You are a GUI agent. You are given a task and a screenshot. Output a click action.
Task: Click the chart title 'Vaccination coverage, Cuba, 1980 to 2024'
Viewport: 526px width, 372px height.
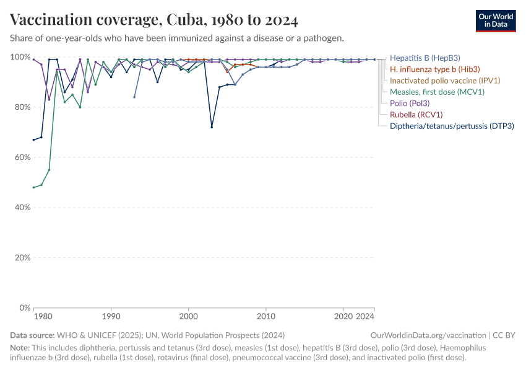(x=154, y=20)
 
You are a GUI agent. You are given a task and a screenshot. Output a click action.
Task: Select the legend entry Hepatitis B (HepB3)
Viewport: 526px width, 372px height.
(x=425, y=58)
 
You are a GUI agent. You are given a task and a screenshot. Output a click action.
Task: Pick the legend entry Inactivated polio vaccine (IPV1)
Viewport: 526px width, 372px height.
(x=445, y=81)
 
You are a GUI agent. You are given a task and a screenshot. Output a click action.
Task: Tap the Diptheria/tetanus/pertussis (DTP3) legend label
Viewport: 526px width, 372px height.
(x=452, y=126)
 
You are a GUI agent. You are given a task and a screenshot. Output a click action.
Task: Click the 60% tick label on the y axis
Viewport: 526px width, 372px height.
(x=22, y=157)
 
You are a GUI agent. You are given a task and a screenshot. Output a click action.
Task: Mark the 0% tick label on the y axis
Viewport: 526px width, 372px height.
(x=25, y=308)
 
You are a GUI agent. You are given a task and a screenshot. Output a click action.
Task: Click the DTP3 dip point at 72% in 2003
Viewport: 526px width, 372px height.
(x=212, y=127)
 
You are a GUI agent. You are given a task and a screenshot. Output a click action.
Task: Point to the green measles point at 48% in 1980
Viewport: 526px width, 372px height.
(x=34, y=187)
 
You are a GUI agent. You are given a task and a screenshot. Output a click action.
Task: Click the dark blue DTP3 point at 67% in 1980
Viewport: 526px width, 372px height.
(x=34, y=139)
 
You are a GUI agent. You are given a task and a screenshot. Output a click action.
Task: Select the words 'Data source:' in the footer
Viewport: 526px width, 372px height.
(x=31, y=335)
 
